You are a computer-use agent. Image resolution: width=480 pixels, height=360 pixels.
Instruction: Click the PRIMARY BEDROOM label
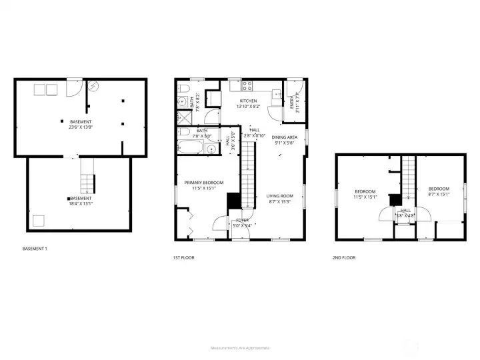pos(204,183)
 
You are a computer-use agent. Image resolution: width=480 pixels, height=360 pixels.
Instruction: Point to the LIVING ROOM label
pos(280,196)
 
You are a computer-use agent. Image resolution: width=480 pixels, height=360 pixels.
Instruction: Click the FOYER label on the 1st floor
pos(242,220)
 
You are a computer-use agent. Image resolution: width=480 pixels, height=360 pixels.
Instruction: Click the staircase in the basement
pos(87,175)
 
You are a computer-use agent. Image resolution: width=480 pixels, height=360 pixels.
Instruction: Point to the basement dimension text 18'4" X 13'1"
pos(80,203)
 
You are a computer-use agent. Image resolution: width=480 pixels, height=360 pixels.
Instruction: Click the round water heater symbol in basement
pos(93,85)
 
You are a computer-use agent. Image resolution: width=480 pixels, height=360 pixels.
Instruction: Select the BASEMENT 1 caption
pos(35,249)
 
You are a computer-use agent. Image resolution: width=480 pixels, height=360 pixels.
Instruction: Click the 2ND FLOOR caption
pos(344,257)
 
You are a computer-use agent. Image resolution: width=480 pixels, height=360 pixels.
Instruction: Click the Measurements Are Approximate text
pos(240,348)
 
